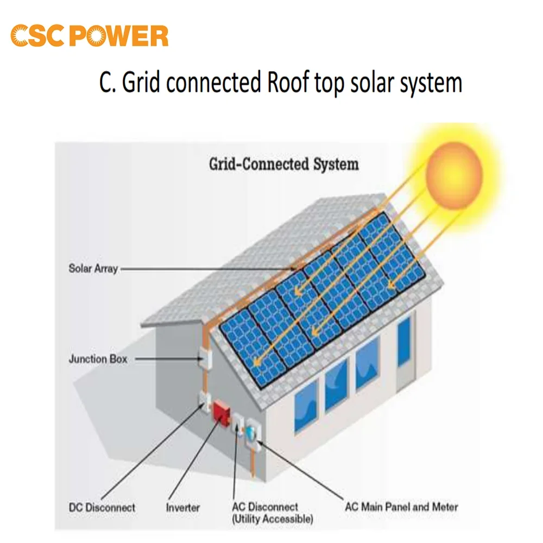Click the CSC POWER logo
tap(90, 36)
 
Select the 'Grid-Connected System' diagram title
tap(283, 164)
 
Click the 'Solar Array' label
tap(93, 268)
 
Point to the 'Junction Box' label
tap(98, 359)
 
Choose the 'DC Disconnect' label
tap(102, 508)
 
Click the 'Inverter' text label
tap(183, 508)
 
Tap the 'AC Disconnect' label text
tap(265, 507)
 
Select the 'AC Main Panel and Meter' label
tap(401, 507)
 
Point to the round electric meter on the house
tap(251, 433)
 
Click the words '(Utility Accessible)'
tap(272, 520)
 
